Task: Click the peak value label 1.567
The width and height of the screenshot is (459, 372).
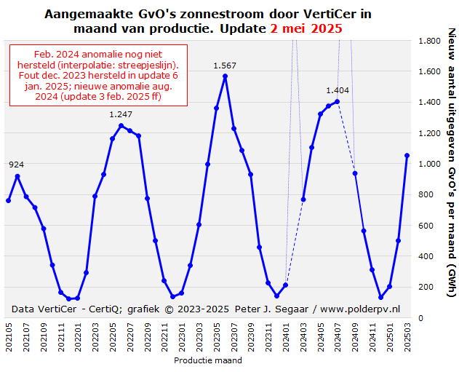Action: click(225, 66)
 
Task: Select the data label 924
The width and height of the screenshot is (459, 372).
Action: click(17, 165)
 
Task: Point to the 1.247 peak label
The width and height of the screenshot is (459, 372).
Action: click(121, 114)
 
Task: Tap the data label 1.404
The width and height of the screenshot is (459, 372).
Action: click(338, 90)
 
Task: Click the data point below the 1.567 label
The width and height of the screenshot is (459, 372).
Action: click(225, 76)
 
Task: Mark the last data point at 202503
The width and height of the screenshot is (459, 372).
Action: click(407, 155)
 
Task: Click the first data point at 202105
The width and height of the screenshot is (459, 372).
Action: click(9, 200)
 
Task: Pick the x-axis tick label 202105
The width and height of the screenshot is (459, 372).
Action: click(9, 338)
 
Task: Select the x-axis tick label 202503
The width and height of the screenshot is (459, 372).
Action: click(407, 338)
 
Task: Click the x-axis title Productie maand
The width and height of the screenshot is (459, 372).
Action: click(208, 360)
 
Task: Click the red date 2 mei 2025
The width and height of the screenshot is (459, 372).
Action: click(306, 28)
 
